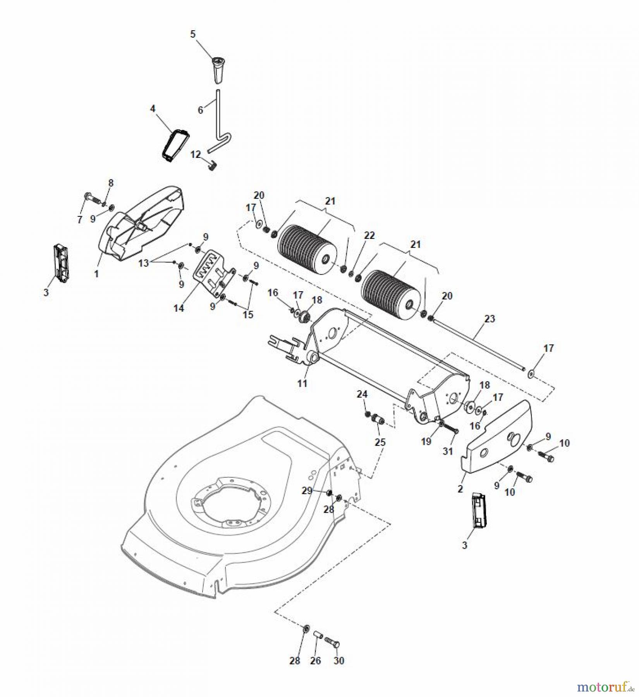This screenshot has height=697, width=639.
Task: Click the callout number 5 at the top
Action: pos(192,34)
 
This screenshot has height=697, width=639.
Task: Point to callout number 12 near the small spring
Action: pos(196,155)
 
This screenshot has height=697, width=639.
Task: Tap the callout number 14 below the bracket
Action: pos(179,308)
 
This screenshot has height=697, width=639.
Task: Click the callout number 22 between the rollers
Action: pos(369,235)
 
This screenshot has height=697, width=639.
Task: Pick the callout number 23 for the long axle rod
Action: pos(490,319)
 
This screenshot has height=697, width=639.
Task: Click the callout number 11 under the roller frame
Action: pos(302,383)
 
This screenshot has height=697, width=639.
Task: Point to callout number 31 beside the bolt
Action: pos(448,452)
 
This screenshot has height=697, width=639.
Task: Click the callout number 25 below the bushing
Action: pos(381,442)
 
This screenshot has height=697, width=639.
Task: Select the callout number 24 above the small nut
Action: pos(362,394)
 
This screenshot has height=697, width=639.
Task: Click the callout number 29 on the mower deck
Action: pos(307,491)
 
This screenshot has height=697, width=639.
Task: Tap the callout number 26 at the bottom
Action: pos(316,660)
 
